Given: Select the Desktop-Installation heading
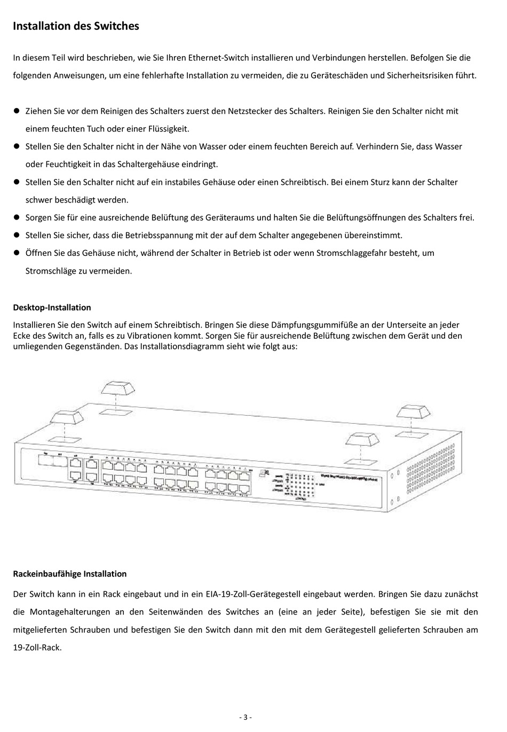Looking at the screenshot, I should (52, 307).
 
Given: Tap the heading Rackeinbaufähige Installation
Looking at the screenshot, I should (69, 574).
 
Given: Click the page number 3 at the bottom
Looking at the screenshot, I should (245, 717).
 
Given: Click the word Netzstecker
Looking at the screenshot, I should (250, 111).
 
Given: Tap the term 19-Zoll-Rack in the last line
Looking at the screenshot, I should (36, 648).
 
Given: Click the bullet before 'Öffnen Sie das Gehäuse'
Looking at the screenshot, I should (16, 253).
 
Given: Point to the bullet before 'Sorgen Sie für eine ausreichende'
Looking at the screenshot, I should (16, 217).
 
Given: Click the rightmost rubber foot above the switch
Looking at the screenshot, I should (412, 411).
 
